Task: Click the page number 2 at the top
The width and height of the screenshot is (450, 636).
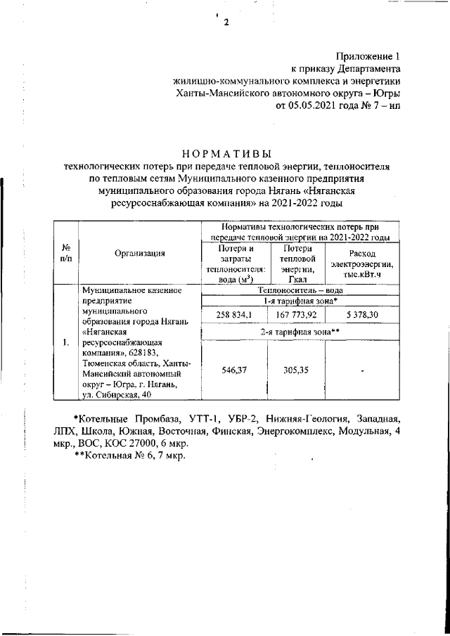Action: pos(226,22)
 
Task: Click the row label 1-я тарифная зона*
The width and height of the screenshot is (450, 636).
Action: pos(300,301)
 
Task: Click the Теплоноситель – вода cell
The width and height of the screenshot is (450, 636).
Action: pos(300,289)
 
